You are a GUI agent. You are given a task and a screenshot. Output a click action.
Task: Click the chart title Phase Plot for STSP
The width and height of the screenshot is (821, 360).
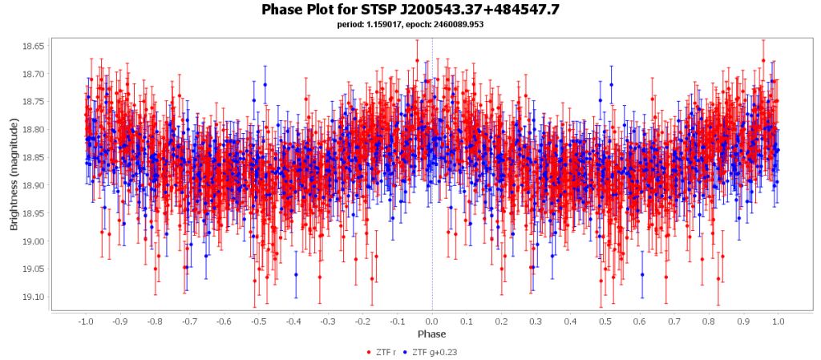click(410, 10)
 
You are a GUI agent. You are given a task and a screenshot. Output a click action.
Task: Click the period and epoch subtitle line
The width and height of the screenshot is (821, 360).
click(410, 24)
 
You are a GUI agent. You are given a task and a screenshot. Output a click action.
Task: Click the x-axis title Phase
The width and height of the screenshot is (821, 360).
click(432, 334)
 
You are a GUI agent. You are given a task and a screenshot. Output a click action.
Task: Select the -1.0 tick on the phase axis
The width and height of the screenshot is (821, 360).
click(84, 321)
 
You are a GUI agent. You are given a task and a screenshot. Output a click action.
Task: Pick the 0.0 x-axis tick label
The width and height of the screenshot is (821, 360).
click(432, 321)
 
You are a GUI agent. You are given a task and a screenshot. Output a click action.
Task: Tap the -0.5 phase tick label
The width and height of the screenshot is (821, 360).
click(258, 321)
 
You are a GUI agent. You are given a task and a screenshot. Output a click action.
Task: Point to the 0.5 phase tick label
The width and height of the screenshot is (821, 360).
click(605, 321)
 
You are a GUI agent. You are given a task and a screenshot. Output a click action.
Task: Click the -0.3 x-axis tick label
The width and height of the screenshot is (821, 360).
click(327, 321)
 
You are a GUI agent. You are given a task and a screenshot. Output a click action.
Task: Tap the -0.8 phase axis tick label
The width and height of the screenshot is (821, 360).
click(154, 321)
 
